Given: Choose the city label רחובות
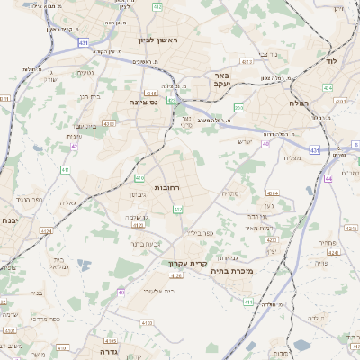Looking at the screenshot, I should tap(168, 186).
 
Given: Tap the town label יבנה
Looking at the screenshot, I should tap(10, 220).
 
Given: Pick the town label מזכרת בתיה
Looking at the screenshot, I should tap(231, 269).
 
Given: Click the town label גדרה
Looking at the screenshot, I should tap(105, 341).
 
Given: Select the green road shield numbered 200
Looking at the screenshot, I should tap(238, 107).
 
